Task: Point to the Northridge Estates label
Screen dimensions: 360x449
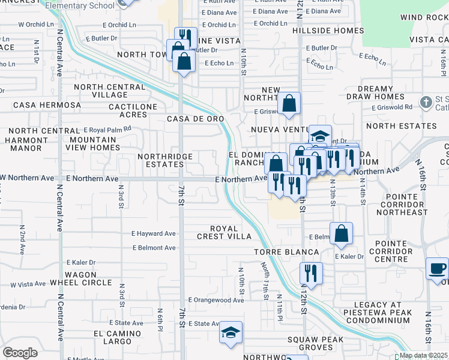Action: (165, 160)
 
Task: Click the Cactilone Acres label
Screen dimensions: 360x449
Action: (133, 110)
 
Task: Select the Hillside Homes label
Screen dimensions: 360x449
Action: (328, 29)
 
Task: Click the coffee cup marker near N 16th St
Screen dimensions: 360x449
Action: (437, 268)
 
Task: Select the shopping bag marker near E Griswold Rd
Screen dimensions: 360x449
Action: (289, 103)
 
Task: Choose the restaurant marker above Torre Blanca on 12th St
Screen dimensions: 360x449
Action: (311, 273)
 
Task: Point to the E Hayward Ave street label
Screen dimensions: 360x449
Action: (153, 233)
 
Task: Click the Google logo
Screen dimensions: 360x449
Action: (20, 353)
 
